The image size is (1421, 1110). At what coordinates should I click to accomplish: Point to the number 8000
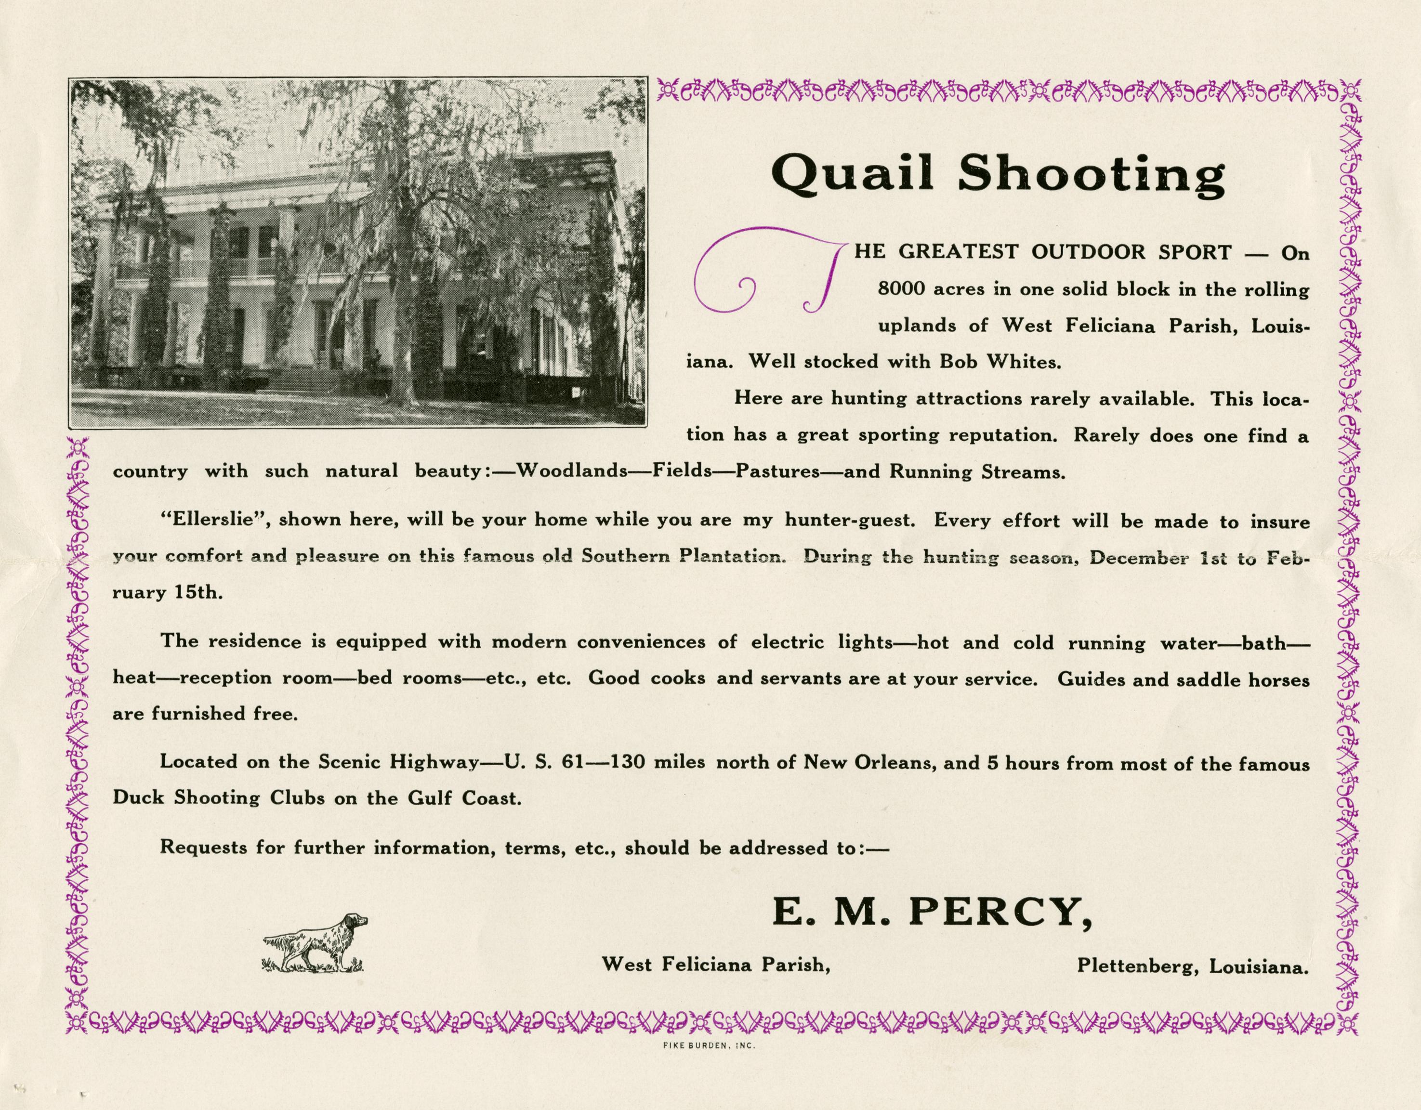coord(901,289)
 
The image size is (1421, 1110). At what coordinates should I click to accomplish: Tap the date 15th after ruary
coord(198,593)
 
